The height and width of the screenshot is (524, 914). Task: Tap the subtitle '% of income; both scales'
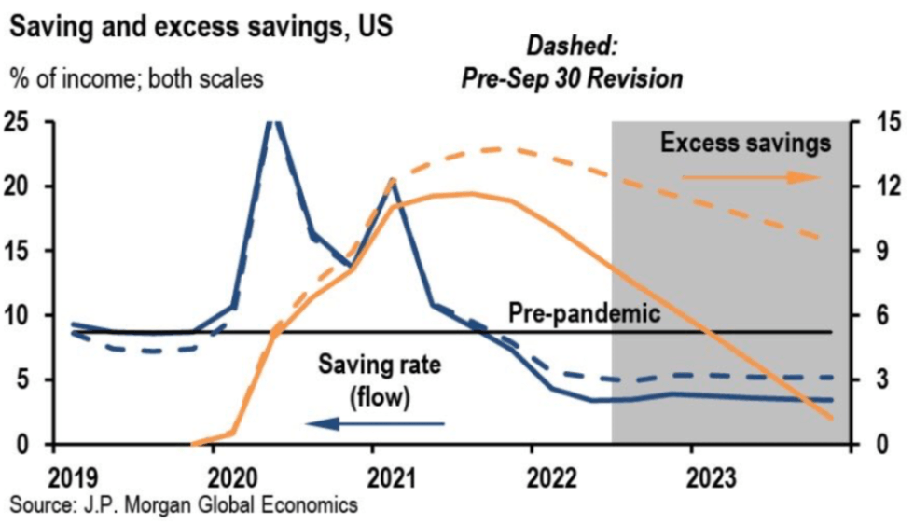(136, 78)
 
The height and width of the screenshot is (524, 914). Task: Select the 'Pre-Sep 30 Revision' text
(572, 79)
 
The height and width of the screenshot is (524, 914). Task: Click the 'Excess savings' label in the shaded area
(745, 143)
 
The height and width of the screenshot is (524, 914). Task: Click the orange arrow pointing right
(751, 177)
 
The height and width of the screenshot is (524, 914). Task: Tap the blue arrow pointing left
(375, 424)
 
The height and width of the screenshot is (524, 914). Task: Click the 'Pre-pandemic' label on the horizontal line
(584, 313)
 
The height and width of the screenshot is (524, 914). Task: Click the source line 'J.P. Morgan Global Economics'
(184, 504)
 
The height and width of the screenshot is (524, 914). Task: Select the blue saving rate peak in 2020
(271, 122)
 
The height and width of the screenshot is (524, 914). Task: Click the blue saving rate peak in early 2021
(392, 181)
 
